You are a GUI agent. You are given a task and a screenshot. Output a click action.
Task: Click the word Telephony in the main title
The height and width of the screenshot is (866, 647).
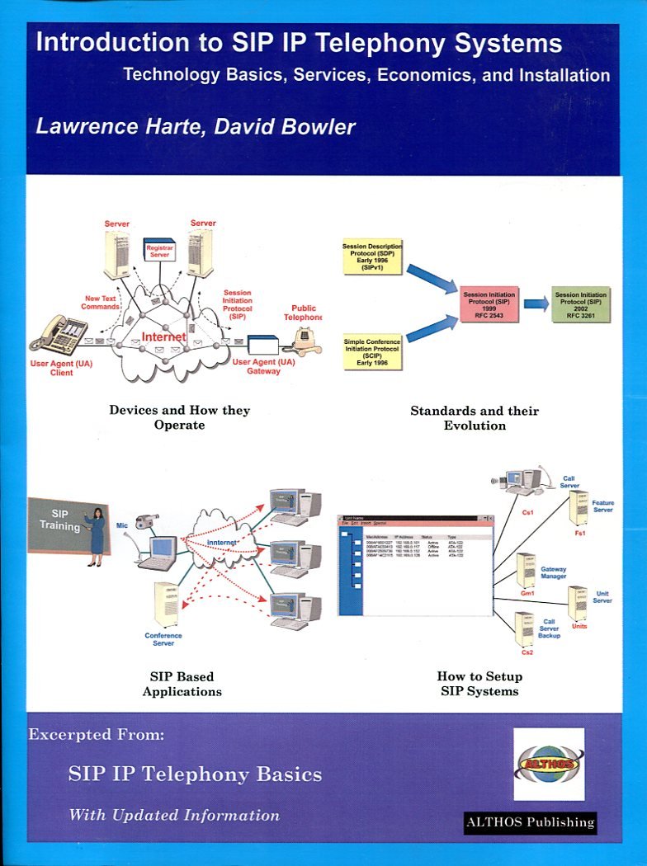(x=352, y=44)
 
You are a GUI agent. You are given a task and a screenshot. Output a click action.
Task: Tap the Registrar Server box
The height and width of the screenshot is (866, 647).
(x=158, y=251)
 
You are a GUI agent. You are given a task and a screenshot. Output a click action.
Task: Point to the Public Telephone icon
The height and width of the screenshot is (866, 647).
(x=306, y=340)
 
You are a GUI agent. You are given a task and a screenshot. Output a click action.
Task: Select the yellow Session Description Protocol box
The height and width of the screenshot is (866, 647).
(x=372, y=257)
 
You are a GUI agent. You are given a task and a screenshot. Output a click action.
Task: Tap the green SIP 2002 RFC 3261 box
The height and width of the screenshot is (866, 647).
(x=580, y=304)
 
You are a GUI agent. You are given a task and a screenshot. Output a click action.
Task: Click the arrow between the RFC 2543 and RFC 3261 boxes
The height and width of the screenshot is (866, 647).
(x=536, y=304)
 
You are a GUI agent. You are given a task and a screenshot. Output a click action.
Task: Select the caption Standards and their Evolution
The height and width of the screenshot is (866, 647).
(x=475, y=417)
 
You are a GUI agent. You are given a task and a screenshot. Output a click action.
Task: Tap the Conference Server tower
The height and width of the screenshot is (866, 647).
(x=166, y=605)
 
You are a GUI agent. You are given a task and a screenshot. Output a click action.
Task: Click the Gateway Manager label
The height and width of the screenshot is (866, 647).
(x=553, y=573)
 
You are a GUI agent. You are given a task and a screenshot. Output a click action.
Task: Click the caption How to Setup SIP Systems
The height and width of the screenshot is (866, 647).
(x=479, y=683)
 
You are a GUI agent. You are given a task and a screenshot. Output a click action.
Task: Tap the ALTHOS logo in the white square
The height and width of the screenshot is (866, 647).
(x=549, y=765)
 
